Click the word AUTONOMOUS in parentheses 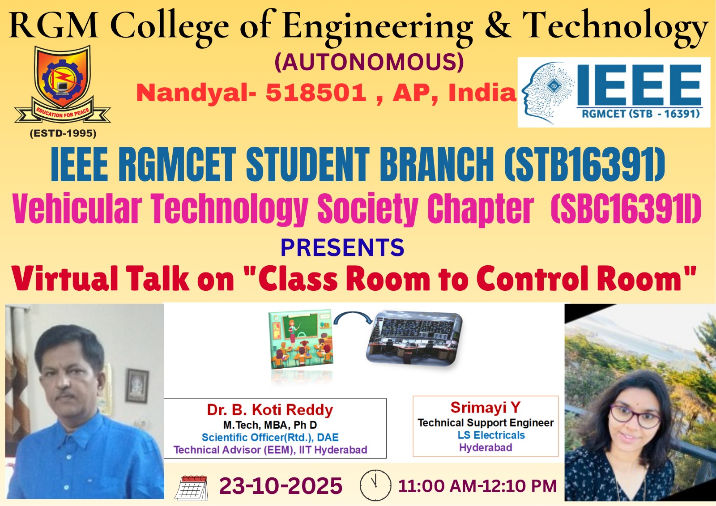pyautogui.click(x=369, y=62)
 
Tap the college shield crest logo pyautogui.click(x=63, y=84)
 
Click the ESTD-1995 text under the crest pyautogui.click(x=63, y=133)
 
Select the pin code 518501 pyautogui.click(x=316, y=93)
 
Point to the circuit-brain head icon pyautogui.click(x=547, y=93)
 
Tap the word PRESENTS pyautogui.click(x=342, y=247)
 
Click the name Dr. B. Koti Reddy pyautogui.click(x=270, y=410)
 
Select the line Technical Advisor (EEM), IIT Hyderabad pyautogui.click(x=270, y=450)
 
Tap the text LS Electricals pyautogui.click(x=491, y=435)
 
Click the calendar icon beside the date pyautogui.click(x=192, y=488)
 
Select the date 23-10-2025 pyautogui.click(x=281, y=486)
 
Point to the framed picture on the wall pyautogui.click(x=137, y=385)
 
